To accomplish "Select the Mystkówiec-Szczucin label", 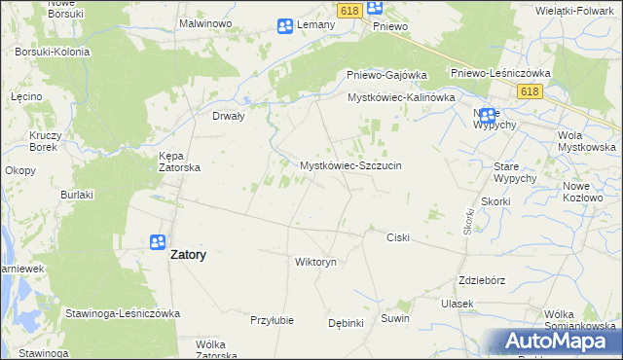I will click(x=350, y=165).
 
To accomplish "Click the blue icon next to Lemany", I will click(x=285, y=26).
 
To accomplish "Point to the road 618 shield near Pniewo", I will click(x=351, y=9).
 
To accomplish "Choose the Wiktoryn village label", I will click(x=315, y=262).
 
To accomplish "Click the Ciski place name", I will click(x=398, y=237).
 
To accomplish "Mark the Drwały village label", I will click(x=228, y=115).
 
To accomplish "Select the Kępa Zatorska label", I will click(x=179, y=161).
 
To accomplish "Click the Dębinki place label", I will click(x=346, y=323).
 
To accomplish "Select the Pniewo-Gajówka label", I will click(x=387, y=75).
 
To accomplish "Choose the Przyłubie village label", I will click(x=272, y=320).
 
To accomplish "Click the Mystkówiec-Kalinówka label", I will click(x=402, y=98).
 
